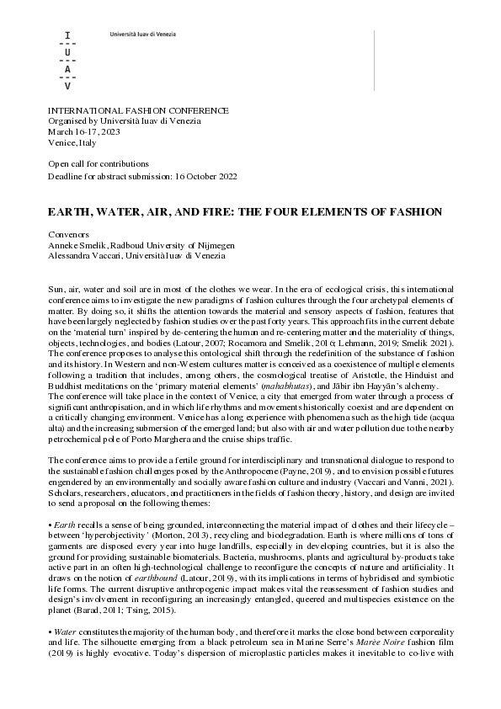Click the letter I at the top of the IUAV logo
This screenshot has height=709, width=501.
tap(68, 35)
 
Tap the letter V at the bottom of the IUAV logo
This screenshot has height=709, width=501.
tap(68, 87)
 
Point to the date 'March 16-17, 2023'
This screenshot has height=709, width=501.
tap(83, 132)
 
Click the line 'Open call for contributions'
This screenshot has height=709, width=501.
tap(99, 163)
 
